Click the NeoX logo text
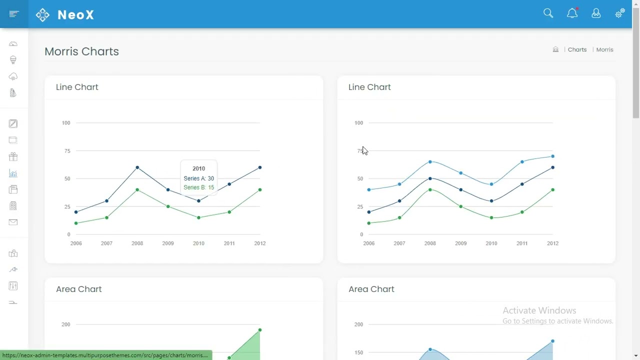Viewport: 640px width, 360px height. (x=75, y=14)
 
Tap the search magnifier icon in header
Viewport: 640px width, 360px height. (x=548, y=13)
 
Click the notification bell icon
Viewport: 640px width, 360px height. (x=572, y=13)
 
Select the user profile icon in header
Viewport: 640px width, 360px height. (x=596, y=13)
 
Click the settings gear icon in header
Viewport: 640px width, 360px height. (x=619, y=13)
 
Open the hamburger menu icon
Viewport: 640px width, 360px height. (x=14, y=14)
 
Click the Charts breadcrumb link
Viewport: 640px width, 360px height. (x=577, y=49)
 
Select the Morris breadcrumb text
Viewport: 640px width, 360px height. (x=604, y=49)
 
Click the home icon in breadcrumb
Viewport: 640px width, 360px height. (x=555, y=49)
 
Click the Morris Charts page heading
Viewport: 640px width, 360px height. (x=81, y=51)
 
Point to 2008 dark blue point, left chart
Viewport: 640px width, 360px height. (x=137, y=167)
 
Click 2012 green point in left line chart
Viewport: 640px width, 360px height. (x=260, y=190)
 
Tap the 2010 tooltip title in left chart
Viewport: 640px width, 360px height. (x=198, y=168)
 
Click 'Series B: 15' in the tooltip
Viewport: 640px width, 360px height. (x=198, y=187)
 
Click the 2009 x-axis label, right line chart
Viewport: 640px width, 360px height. (x=460, y=243)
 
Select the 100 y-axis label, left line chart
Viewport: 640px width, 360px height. (x=66, y=123)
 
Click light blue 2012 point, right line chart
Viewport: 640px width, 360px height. (x=552, y=156)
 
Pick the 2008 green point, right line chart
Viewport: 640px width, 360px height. (x=430, y=190)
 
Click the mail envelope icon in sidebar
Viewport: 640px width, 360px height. (x=13, y=222)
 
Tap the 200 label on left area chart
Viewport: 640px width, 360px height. (x=66, y=324)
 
